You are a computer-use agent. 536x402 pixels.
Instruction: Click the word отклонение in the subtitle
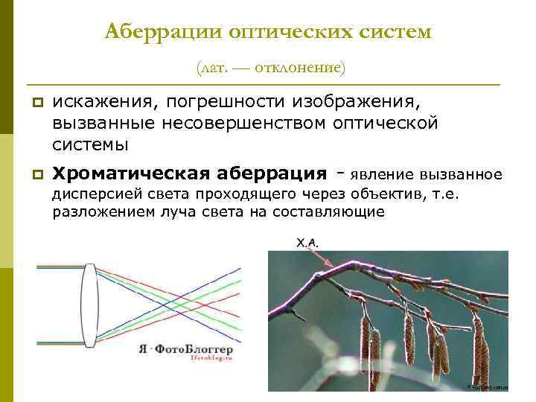click(299, 68)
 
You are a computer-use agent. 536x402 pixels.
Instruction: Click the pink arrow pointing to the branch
click(323, 258)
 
